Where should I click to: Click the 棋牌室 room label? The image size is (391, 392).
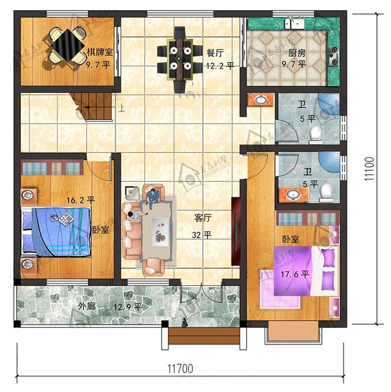(99, 52)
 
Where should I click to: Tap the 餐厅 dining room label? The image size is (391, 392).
(215, 52)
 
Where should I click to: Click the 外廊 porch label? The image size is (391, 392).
(87, 306)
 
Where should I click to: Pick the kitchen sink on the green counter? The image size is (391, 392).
(295, 23)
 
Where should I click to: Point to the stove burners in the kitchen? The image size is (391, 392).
(334, 54)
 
